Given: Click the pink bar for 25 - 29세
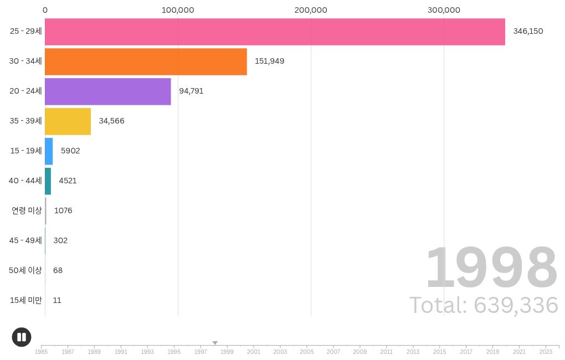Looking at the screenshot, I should tap(275, 32).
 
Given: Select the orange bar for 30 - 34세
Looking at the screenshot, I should tap(146, 61).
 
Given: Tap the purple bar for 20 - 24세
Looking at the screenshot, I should tap(107, 91).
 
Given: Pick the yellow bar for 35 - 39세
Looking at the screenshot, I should tap(68, 121).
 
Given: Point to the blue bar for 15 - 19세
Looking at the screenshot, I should tap(49, 151).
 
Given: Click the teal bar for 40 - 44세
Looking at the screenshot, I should tap(48, 181).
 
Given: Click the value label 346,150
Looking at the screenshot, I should tap(528, 31).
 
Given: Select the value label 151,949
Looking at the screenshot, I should tap(269, 61).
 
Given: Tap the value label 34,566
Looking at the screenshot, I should tap(111, 121).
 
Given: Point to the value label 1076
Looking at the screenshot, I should tap(63, 210).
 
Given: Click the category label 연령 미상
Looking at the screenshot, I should tap(27, 210).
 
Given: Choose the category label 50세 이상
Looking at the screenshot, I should tap(25, 270).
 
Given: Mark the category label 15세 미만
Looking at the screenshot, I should tap(26, 300).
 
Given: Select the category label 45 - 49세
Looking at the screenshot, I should tap(25, 240).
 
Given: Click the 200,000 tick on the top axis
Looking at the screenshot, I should tap(311, 10).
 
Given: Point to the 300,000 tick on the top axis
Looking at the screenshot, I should tap(444, 10).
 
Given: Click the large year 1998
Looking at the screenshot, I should tap(491, 269).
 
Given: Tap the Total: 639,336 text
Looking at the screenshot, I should tap(483, 305).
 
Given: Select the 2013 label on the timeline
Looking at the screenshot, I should tap(413, 352).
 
